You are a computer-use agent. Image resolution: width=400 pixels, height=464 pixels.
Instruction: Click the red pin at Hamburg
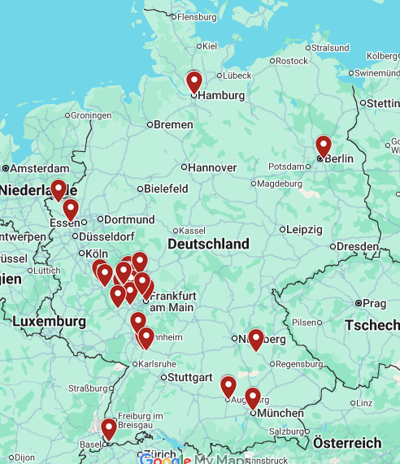[x=193, y=81]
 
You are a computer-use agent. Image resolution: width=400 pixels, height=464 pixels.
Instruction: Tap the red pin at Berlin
[x=324, y=145]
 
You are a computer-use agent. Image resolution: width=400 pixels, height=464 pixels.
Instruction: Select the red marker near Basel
[x=108, y=428]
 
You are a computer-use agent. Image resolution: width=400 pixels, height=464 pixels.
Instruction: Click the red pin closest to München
[x=253, y=397]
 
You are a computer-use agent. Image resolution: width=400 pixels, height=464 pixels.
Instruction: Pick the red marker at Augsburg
[x=228, y=386]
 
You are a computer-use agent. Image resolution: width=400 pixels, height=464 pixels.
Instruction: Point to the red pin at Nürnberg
[x=256, y=339]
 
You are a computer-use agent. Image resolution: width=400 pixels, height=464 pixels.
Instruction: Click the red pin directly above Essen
[x=71, y=210]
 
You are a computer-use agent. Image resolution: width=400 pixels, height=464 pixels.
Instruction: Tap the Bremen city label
[x=174, y=124]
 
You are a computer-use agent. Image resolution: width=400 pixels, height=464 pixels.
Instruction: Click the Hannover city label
[x=212, y=167]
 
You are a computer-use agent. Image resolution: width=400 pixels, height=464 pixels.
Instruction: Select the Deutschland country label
[x=208, y=244]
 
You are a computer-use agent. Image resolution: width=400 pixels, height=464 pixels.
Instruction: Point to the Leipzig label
[x=304, y=228]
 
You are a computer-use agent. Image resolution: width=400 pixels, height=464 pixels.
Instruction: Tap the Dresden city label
[x=357, y=246]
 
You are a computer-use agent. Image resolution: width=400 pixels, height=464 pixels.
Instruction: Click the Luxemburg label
[x=48, y=322]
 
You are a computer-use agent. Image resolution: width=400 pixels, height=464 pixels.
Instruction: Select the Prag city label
[x=375, y=303]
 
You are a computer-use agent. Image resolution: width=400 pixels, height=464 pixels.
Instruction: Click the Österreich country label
[x=346, y=443]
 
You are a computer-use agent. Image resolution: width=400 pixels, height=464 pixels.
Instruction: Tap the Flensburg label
[x=198, y=16]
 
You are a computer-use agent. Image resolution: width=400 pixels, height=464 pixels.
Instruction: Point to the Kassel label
[x=192, y=230]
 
